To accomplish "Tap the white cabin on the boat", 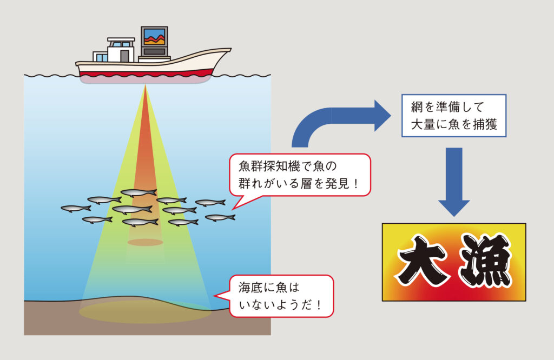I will [x=120, y=51].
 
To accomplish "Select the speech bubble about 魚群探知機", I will [x=300, y=175].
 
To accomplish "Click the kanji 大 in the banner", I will [x=423, y=262].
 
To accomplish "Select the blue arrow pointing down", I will [x=454, y=184].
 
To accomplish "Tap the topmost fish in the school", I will [x=138, y=192].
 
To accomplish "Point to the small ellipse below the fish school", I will [x=145, y=242].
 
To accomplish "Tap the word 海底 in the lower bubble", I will [x=250, y=288].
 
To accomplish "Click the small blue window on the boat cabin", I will [x=101, y=56].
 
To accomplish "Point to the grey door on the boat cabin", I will [x=124, y=56].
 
